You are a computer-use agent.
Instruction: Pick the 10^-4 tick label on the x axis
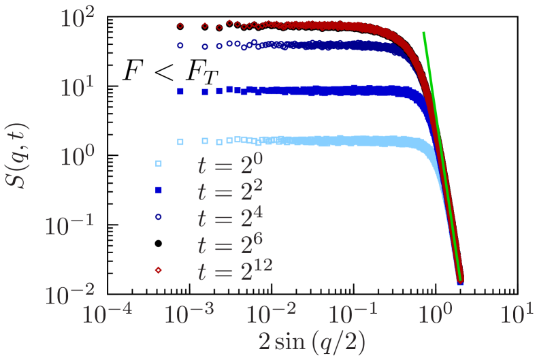click(108, 316)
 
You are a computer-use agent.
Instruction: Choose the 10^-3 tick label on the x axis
click(191, 316)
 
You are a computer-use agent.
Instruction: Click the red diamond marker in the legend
click(158, 271)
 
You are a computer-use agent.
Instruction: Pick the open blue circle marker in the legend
click(158, 216)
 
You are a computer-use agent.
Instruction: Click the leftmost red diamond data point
click(180, 27)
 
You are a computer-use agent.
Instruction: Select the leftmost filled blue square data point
click(180, 91)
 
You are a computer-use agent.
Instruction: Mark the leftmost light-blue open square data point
click(180, 142)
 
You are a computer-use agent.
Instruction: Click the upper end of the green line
click(424, 33)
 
